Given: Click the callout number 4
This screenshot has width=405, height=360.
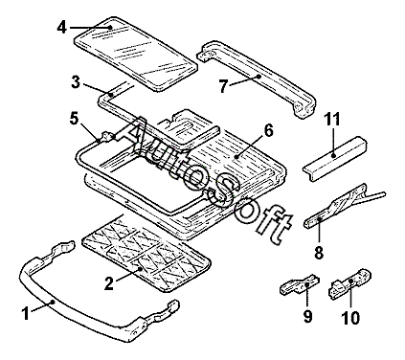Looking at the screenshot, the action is pos(61,27).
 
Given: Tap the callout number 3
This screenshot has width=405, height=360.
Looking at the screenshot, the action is pos(76,82).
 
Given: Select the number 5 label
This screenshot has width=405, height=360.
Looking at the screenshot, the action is pos(74,119).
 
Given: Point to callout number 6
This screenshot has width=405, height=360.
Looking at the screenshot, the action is pos(268,131).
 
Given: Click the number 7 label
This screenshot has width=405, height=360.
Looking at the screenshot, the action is pos(224,86).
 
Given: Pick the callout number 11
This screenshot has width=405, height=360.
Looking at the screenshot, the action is pos(332,119).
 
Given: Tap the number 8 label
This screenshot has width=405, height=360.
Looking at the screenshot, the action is pos(319,252).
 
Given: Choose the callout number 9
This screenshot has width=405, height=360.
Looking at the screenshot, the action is pos(307,316).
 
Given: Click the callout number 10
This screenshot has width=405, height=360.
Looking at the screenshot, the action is pos(350,318).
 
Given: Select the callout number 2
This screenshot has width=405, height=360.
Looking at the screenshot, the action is pos(109,283).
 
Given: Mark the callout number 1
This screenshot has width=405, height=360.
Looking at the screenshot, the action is pos(26,313).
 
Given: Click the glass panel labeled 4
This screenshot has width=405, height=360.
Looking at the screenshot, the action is pos(136,55).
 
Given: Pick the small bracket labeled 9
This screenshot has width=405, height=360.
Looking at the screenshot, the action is pos(300,283).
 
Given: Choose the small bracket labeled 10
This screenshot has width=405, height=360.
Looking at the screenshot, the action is pos(349,283).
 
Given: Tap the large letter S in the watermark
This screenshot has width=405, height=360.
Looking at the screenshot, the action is pos(223,192).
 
